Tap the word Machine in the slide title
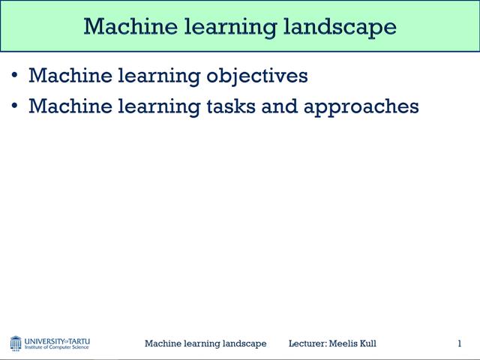pyautogui.click(x=123, y=26)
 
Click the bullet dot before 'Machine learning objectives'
pyautogui.click(x=16, y=76)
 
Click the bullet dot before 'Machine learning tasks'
pyautogui.click(x=16, y=106)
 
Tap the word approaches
pyautogui.click(x=361, y=107)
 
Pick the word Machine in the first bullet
pyautogui.click(x=62, y=76)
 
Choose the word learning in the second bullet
pyautogui.click(x=153, y=107)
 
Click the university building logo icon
pyautogui.click(x=16, y=343)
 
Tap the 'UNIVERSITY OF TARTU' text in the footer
pyautogui.click(x=57, y=340)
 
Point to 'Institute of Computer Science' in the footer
pyautogui.click(x=57, y=347)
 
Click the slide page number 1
pyautogui.click(x=459, y=343)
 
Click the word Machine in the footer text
pyautogui.click(x=162, y=343)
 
